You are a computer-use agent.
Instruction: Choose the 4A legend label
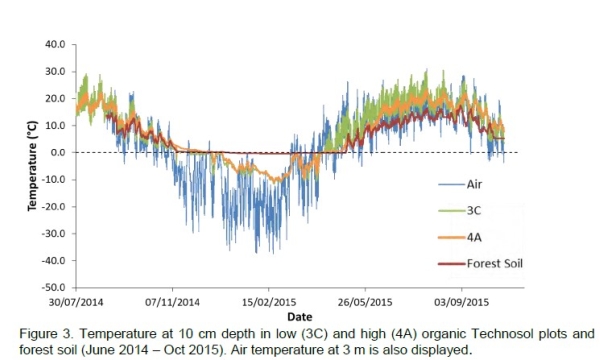[475, 238]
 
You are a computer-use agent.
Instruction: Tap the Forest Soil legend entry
[496, 264]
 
